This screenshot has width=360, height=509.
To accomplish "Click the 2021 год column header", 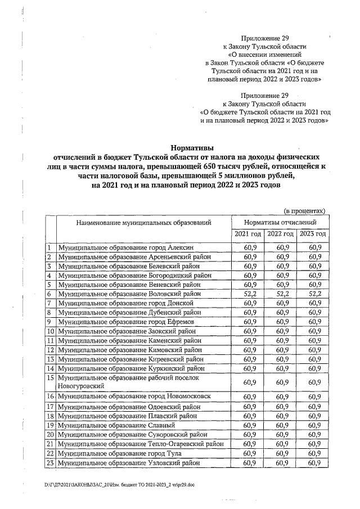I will click(x=248, y=234).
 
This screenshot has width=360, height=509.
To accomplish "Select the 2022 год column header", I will click(x=281, y=234).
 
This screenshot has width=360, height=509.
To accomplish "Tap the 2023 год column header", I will click(x=313, y=234).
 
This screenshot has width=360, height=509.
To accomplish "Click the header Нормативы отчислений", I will click(x=280, y=222).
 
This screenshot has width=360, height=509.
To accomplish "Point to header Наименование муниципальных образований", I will click(x=144, y=223).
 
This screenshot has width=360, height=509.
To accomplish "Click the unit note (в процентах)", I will click(x=304, y=211).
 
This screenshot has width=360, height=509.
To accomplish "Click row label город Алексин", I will click(x=126, y=248).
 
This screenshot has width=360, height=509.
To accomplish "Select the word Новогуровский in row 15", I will click(x=82, y=386).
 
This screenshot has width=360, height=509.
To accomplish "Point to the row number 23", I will click(x=50, y=462).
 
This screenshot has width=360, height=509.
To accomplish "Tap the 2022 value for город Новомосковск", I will click(x=281, y=397).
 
